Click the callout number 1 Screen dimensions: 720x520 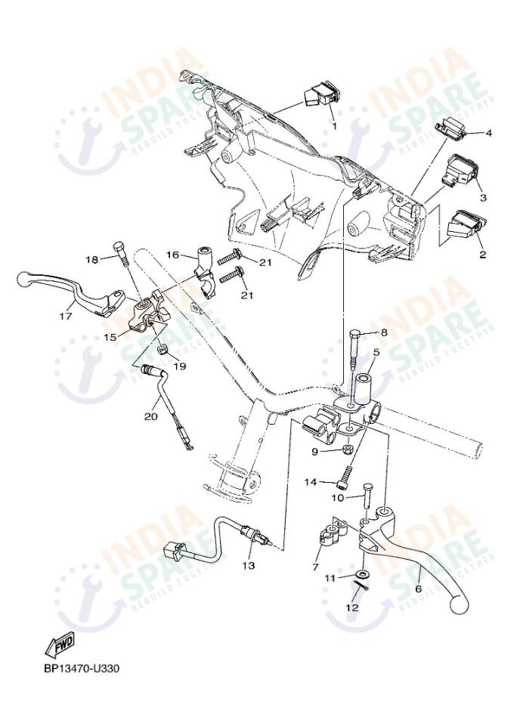point(333,126)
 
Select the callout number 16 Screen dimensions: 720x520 point(172,255)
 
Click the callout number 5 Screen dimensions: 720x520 point(376,352)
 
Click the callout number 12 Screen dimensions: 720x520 point(352,607)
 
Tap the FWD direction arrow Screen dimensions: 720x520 point(58,645)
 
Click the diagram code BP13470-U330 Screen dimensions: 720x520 point(82,669)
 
